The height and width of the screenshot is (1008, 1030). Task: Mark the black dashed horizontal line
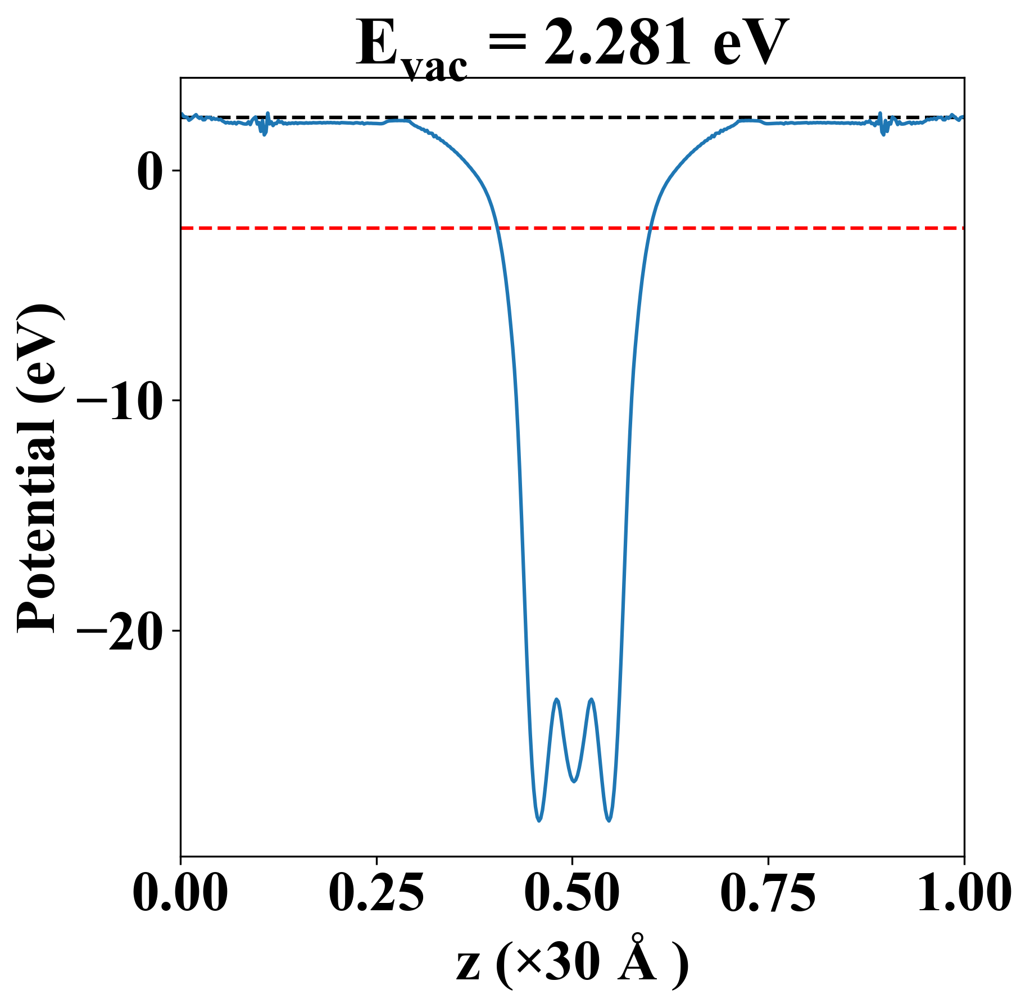[x=562, y=117]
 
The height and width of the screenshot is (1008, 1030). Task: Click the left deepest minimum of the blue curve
[x=539, y=820]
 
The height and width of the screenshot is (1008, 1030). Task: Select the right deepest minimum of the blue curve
[x=609, y=820]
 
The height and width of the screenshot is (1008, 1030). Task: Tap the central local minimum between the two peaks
[x=574, y=781]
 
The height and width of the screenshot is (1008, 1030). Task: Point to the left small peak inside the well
[x=556, y=700]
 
